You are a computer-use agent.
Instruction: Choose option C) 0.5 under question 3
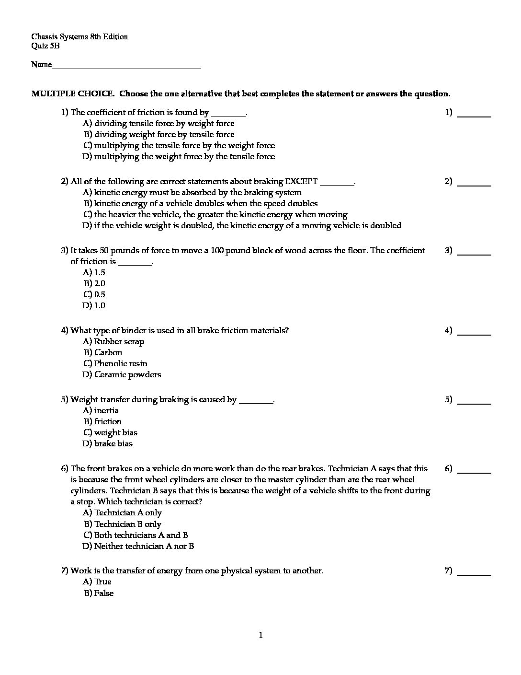pyautogui.click(x=94, y=294)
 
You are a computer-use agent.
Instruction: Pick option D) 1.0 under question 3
pyautogui.click(x=94, y=305)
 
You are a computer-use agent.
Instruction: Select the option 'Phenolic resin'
pyautogui.click(x=115, y=363)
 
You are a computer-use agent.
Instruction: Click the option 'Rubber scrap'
pyautogui.click(x=113, y=341)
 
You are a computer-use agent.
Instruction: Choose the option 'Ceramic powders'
pyautogui.click(x=122, y=374)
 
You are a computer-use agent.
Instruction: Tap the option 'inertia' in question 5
pyautogui.click(x=101, y=410)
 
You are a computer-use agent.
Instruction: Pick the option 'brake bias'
pyautogui.click(x=108, y=443)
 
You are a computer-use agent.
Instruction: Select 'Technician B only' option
pyautogui.click(x=123, y=524)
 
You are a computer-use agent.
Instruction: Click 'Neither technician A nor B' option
pyautogui.click(x=138, y=546)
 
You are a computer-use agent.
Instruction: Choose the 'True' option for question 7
pyautogui.click(x=97, y=582)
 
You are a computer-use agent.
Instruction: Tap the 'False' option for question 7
pyautogui.click(x=99, y=593)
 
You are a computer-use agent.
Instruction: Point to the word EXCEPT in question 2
pyautogui.click(x=301, y=181)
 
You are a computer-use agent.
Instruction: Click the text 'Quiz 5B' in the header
pyautogui.click(x=45, y=46)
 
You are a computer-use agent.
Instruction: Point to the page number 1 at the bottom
pyautogui.click(x=260, y=635)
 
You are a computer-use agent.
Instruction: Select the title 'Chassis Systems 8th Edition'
pyautogui.click(x=79, y=36)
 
